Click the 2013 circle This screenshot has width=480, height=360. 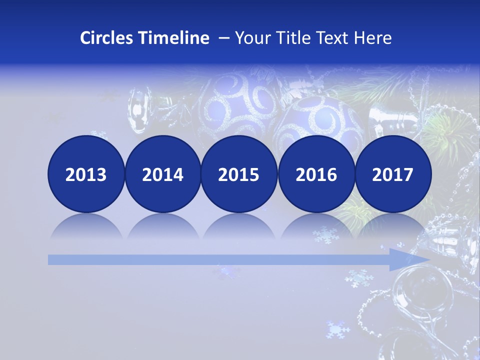tap(86, 174)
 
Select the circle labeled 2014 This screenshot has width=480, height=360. tap(162, 174)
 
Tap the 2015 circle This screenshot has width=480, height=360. tap(239, 174)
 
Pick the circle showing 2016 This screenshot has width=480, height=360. tap(316, 174)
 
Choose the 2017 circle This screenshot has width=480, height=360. tap(392, 174)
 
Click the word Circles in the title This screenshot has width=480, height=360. tap(106, 38)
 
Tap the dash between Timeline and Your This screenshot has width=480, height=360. tap(223, 38)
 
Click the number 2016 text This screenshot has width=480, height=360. tap(316, 174)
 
